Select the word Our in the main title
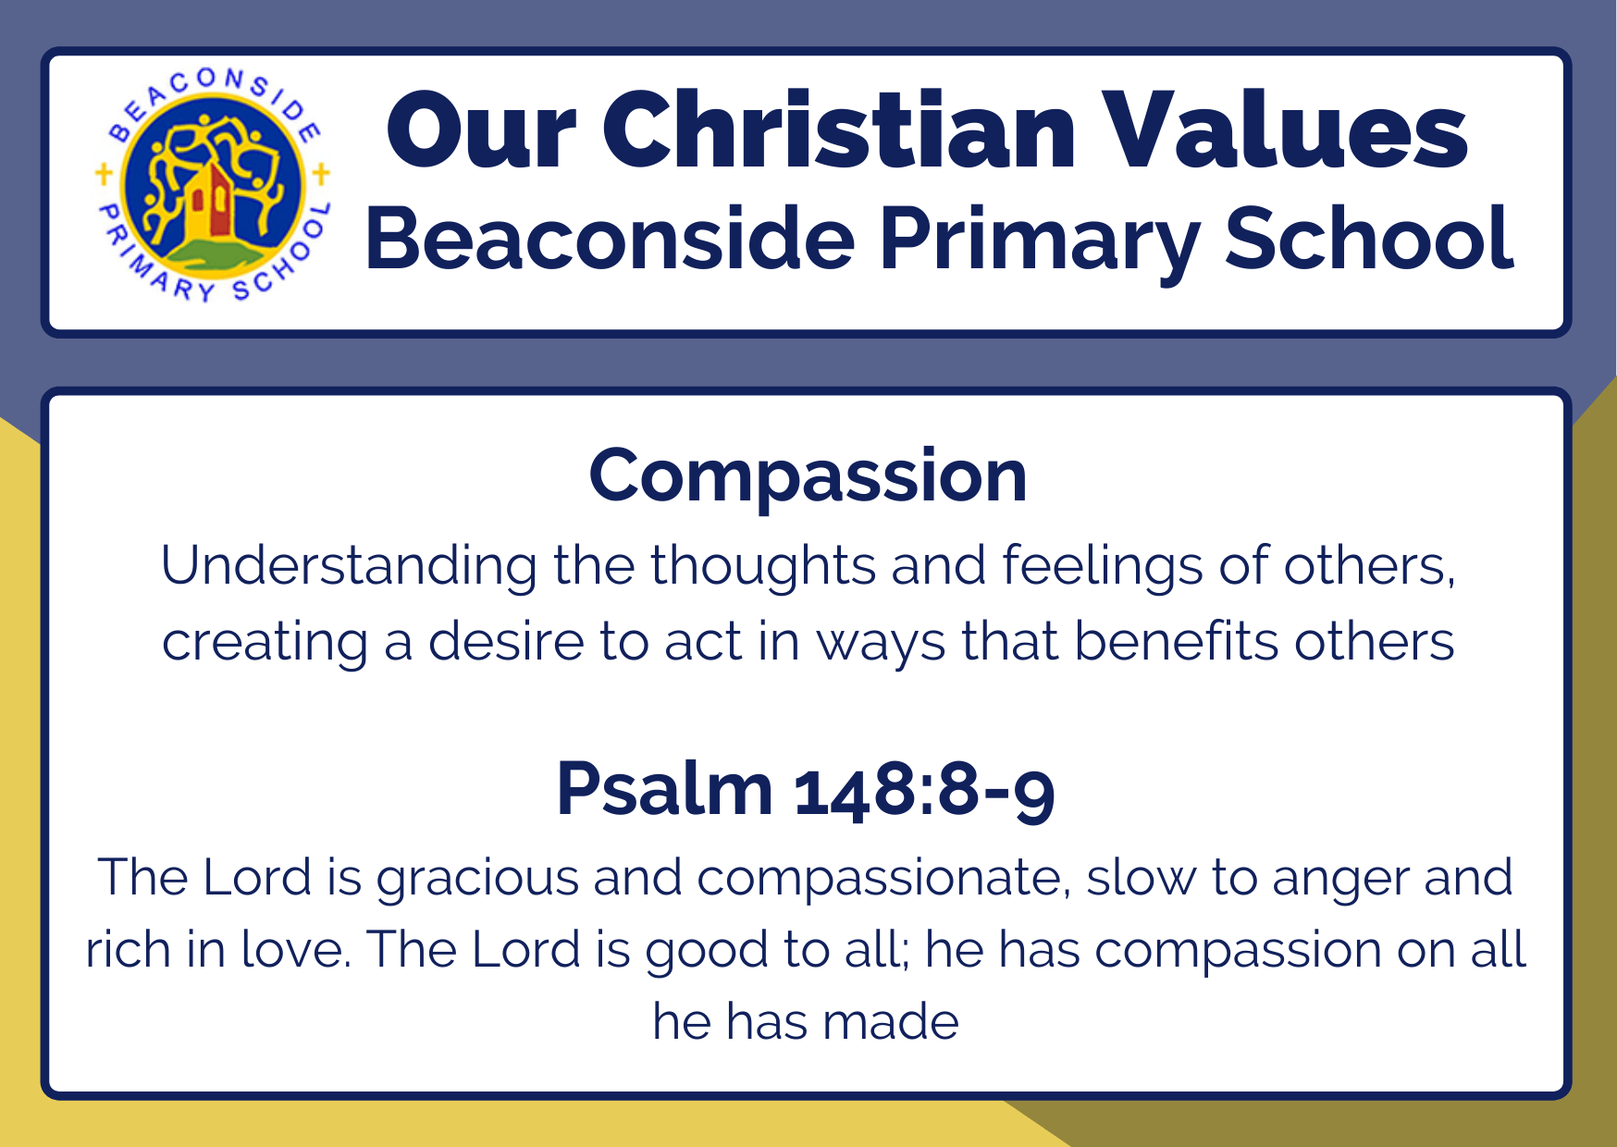pyautogui.click(x=481, y=131)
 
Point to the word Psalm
pyautogui.click(x=664, y=789)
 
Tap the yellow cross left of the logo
pyautogui.click(x=104, y=172)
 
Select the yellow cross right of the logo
pyautogui.click(x=321, y=173)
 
